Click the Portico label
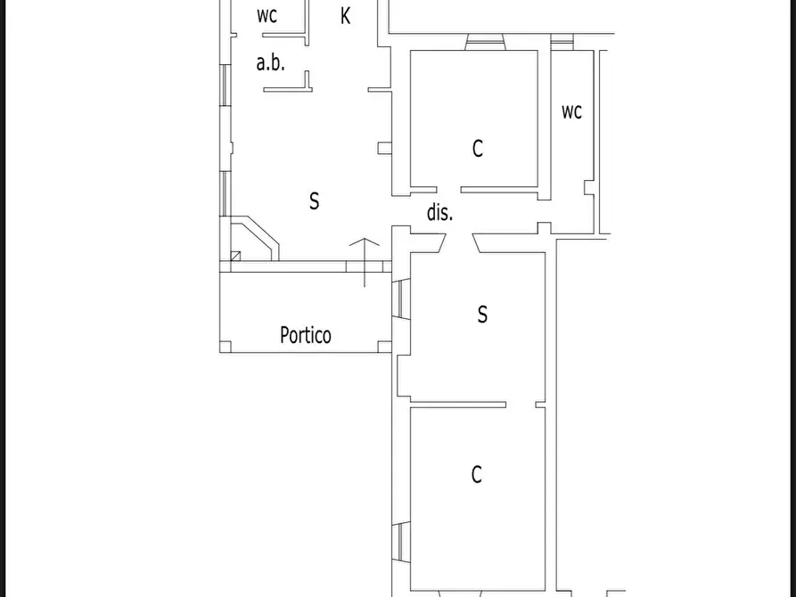(x=306, y=335)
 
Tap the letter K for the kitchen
(x=345, y=16)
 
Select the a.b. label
(x=271, y=63)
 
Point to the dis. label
(x=439, y=212)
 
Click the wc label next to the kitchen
(x=267, y=16)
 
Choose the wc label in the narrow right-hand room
(x=571, y=111)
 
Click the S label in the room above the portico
(x=315, y=201)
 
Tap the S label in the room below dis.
(x=482, y=315)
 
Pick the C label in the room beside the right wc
(x=477, y=149)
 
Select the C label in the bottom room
(x=476, y=475)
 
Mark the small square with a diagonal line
(x=235, y=256)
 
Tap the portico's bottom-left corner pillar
(x=226, y=347)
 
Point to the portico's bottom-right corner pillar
(x=385, y=347)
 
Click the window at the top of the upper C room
(x=485, y=42)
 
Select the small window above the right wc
(x=562, y=42)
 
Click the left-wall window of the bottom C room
(x=401, y=542)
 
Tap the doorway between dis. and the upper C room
(x=448, y=190)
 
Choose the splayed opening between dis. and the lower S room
(x=459, y=242)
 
